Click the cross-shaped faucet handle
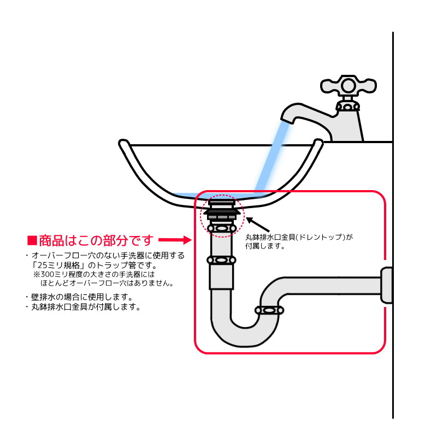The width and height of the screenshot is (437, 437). [x=348, y=86]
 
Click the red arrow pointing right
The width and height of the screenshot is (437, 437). [x=175, y=240]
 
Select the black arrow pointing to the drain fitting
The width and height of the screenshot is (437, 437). [x=257, y=225]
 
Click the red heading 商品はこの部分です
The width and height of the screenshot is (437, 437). [x=96, y=240]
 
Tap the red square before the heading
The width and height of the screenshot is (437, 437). [x=32, y=240]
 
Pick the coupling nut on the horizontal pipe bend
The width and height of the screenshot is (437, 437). [x=269, y=310]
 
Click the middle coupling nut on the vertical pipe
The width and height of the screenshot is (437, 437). [x=221, y=261]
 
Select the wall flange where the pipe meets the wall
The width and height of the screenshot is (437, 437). [x=387, y=285]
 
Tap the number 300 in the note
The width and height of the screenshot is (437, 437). [x=48, y=274]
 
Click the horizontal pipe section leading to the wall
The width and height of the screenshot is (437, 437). [x=332, y=285]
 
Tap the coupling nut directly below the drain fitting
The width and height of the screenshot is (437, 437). [x=222, y=228]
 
